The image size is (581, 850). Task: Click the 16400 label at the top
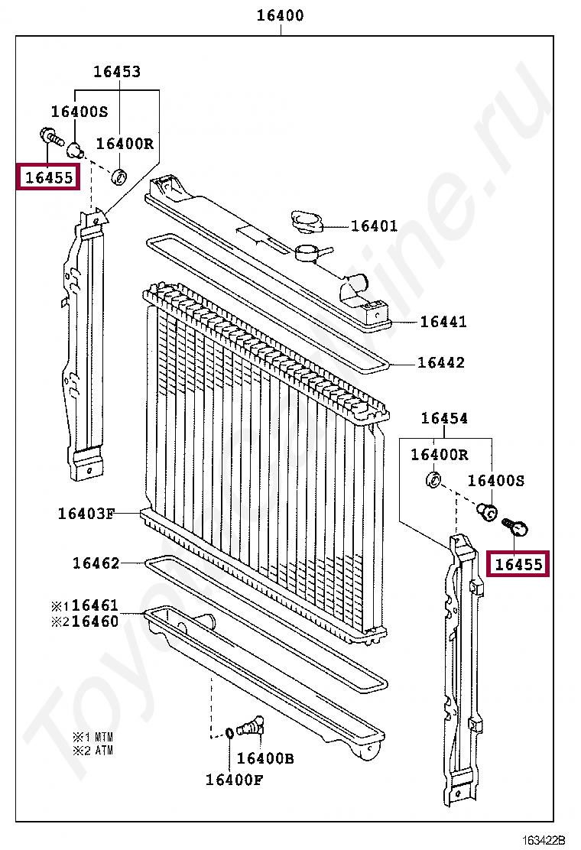pyautogui.click(x=280, y=15)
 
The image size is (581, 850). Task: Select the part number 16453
pyautogui.click(x=117, y=72)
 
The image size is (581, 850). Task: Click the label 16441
pyautogui.click(x=443, y=322)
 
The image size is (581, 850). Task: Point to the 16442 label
pyautogui.click(x=440, y=362)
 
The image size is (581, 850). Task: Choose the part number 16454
pyautogui.click(x=444, y=418)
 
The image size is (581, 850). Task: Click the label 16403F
pyautogui.click(x=86, y=513)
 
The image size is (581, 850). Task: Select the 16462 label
pyautogui.click(x=96, y=563)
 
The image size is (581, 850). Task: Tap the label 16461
pyautogui.click(x=96, y=605)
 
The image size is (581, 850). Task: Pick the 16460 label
pyautogui.click(x=96, y=621)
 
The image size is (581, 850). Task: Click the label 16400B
pyautogui.click(x=265, y=758)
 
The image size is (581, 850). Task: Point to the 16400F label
pyautogui.click(x=234, y=780)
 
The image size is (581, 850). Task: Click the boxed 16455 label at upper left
pyautogui.click(x=48, y=178)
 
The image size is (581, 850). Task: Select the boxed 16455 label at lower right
pyautogui.click(x=518, y=565)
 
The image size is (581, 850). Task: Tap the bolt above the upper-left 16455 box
pyautogui.click(x=50, y=137)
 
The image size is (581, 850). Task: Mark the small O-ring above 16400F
pyautogui.click(x=229, y=735)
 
